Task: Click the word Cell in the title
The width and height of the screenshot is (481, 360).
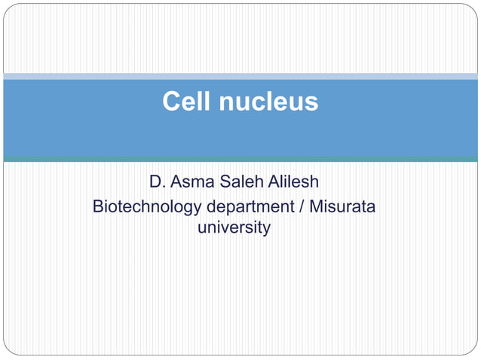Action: pyautogui.click(x=186, y=102)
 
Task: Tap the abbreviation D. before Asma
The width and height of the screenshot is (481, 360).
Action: pyautogui.click(x=158, y=182)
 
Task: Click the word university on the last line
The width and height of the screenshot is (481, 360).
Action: pyautogui.click(x=234, y=227)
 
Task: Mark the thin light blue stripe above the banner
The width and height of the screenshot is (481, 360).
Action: pyautogui.click(x=240, y=76)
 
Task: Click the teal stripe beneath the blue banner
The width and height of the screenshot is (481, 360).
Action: pyautogui.click(x=240, y=159)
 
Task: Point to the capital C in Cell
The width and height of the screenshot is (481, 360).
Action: pyautogui.click(x=172, y=102)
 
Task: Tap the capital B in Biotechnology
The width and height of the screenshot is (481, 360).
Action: pyautogui.click(x=98, y=206)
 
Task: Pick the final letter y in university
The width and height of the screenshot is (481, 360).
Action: pyautogui.click(x=266, y=229)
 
